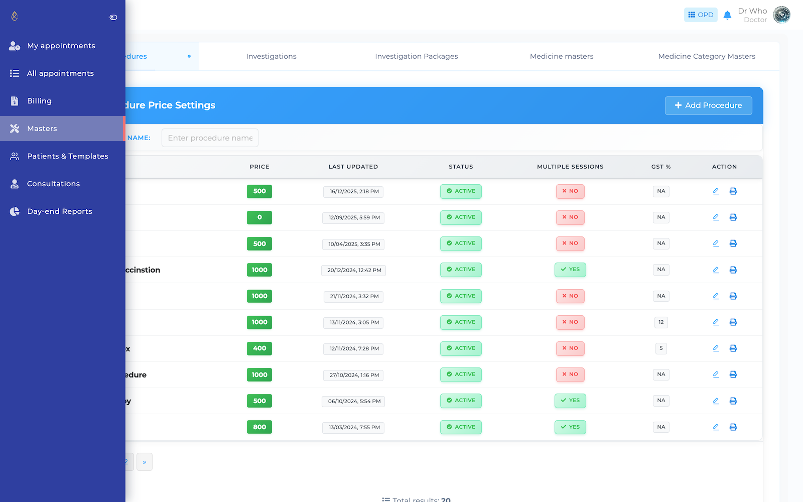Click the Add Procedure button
(708, 105)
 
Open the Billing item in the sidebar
(39, 101)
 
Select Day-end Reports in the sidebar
(59, 211)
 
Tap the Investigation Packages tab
(416, 56)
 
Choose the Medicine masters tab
(561, 56)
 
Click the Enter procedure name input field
(210, 138)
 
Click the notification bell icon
(727, 15)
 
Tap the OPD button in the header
(701, 15)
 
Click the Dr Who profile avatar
(781, 15)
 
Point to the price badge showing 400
(259, 348)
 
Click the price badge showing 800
(259, 427)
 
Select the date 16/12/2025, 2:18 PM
(354, 191)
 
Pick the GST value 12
(661, 322)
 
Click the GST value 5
(661, 348)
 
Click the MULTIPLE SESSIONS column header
(570, 167)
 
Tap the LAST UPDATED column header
(353, 167)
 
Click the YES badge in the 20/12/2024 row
(570, 270)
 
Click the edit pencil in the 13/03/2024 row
(716, 427)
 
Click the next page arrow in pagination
(145, 462)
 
